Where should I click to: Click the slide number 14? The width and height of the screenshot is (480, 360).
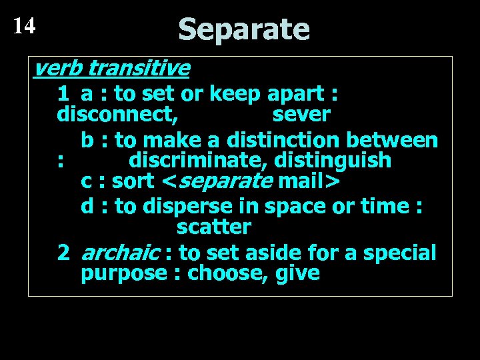(24, 25)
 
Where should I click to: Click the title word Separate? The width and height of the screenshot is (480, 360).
(244, 29)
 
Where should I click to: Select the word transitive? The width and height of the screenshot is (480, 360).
(139, 68)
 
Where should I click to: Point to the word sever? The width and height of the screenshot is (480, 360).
(301, 115)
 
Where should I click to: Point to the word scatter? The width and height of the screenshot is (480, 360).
(213, 227)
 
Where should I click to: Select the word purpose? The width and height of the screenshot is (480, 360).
(123, 273)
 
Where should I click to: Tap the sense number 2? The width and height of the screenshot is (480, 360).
(64, 253)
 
